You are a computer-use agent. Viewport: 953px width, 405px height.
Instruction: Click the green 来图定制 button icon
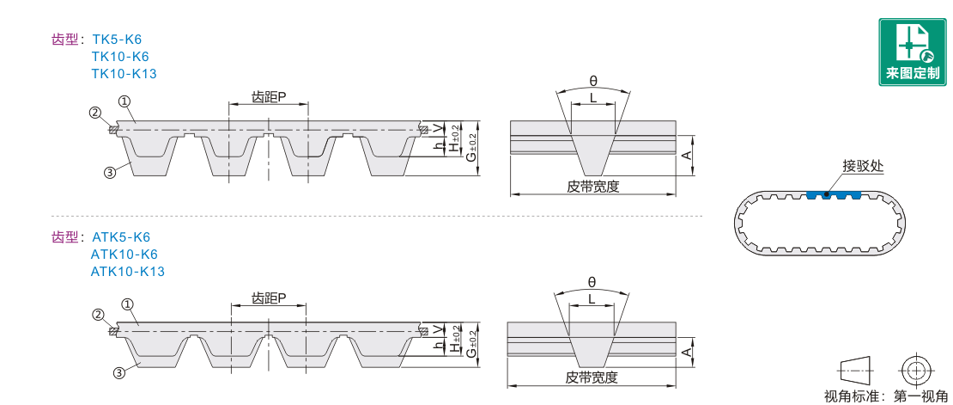pos(913,52)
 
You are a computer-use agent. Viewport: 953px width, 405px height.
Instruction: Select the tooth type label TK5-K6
pos(117,40)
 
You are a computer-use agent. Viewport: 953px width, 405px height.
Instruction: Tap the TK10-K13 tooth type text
pos(124,74)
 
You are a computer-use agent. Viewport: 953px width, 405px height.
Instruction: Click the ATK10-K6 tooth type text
pos(124,254)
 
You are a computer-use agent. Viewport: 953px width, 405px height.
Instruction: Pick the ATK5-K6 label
pos(120,237)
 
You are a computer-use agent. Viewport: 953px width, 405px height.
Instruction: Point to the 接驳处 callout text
pos(862,166)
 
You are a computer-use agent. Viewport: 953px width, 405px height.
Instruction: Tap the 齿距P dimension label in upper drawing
pos(269,97)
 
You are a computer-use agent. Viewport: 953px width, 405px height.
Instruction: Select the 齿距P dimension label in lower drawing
pos(269,298)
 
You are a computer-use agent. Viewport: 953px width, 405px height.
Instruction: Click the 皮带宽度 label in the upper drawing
pos(592,187)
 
